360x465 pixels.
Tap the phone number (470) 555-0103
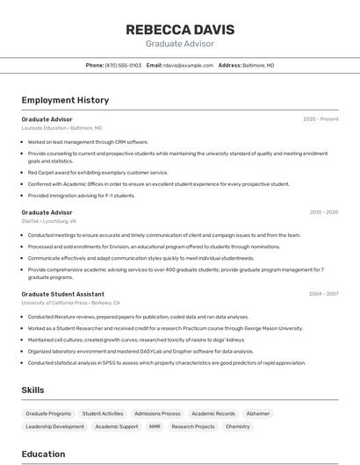click(x=123, y=65)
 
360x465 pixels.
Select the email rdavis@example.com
click(x=188, y=65)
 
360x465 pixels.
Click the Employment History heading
click(x=65, y=100)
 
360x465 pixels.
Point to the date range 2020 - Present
click(x=320, y=119)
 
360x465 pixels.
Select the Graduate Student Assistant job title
click(x=63, y=294)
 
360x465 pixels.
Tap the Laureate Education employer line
click(x=61, y=128)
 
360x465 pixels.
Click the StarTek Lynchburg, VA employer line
click(x=49, y=221)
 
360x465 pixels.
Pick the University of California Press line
click(x=70, y=303)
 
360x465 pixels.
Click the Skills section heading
click(x=33, y=390)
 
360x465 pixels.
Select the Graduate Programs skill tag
click(x=48, y=413)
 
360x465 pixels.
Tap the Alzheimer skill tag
click(x=258, y=413)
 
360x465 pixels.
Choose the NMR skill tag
click(x=155, y=426)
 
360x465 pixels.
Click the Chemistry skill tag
click(x=238, y=426)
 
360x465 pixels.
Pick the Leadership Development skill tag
click(x=55, y=426)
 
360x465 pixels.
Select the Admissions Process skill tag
click(x=157, y=413)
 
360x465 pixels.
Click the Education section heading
click(x=43, y=454)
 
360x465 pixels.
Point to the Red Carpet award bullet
click(x=97, y=173)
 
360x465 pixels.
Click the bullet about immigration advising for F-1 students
click(x=82, y=196)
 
